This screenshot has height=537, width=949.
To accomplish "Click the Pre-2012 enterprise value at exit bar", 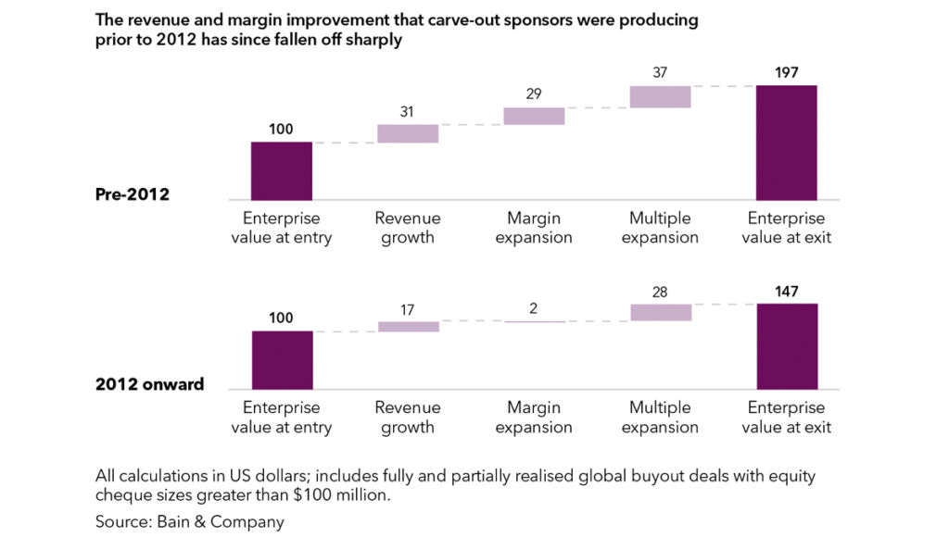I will [x=786, y=143].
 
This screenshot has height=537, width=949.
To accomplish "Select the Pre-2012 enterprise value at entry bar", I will [x=282, y=170].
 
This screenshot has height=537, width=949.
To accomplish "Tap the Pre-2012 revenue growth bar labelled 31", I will [x=408, y=133].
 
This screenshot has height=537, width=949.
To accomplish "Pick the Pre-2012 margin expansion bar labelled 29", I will [x=534, y=116].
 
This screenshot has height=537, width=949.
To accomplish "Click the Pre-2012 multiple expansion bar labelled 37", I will [x=660, y=96].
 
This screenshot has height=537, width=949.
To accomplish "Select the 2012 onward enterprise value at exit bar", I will [x=787, y=346].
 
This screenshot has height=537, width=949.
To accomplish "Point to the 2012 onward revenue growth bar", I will [x=408, y=326].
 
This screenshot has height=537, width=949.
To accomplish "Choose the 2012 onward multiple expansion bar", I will [x=660, y=312].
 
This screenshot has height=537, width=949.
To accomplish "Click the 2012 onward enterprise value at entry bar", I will [x=282, y=360].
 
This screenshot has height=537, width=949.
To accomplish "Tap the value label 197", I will [x=786, y=73].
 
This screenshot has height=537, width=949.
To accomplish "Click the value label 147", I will [x=786, y=292].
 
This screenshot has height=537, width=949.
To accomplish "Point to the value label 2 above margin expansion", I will [x=534, y=308].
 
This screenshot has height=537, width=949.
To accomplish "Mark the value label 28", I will [x=660, y=292].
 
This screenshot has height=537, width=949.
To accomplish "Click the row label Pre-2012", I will [x=133, y=194].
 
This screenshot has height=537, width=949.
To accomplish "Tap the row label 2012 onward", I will [x=149, y=384].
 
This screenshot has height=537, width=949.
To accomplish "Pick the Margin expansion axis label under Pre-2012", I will [x=534, y=228].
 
